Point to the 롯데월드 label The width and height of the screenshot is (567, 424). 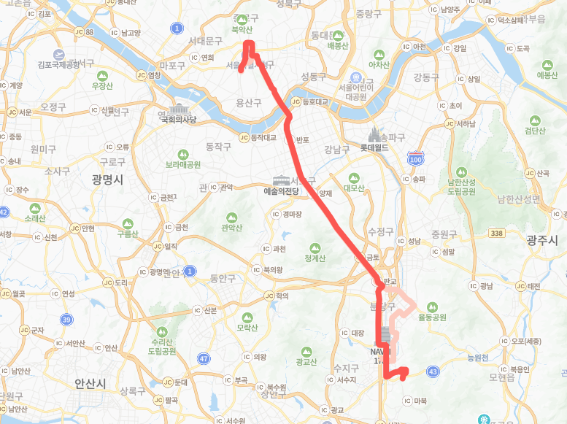(377, 147)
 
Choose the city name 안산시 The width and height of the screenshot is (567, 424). (90, 382)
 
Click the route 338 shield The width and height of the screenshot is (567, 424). (498, 233)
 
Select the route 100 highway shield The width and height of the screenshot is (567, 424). (416, 158)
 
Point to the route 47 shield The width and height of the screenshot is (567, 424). (204, 358)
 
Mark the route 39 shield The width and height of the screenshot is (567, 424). (66, 320)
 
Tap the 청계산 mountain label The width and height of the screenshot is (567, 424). (315, 257)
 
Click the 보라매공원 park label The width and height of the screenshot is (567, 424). (183, 164)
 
